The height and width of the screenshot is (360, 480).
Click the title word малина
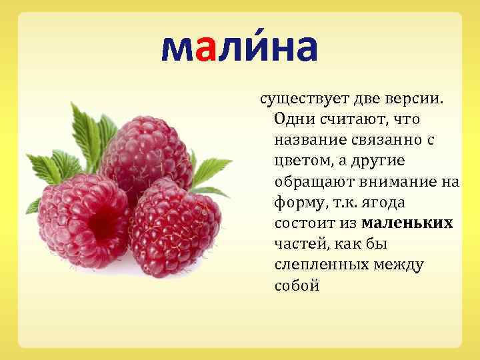[239, 47]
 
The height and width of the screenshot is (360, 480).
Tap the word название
[307, 141]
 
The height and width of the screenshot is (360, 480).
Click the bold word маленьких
[407, 223]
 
